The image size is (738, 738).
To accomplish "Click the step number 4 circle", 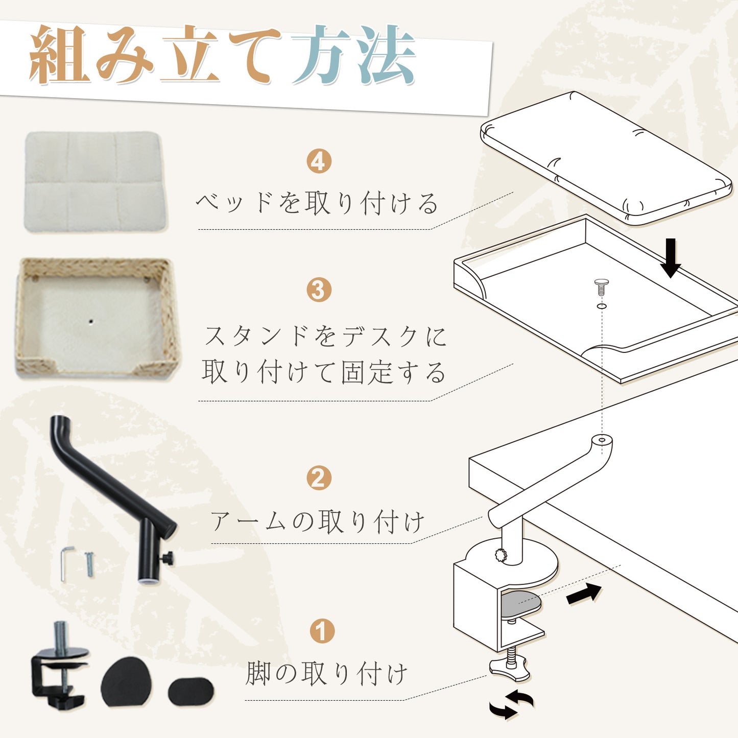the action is (319, 161).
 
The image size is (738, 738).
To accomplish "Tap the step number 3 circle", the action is (319, 290).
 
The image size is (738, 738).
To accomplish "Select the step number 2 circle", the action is (319, 478).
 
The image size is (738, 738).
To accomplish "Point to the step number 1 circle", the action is (322, 631).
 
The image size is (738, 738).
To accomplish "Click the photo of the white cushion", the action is (95, 181).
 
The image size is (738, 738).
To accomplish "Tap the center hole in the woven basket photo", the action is (91, 322).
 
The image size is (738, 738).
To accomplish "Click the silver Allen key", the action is (66, 563).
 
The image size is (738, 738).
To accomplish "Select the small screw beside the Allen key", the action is (89, 564).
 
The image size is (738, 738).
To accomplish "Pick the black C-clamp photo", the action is (59, 662).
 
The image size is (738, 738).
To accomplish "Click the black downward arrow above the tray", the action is (670, 258).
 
